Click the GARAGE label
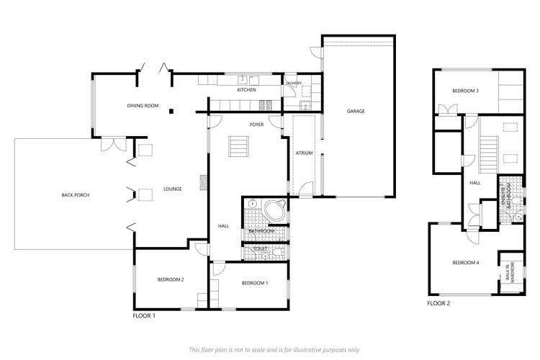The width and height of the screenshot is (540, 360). (356, 112)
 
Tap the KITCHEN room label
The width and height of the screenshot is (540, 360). (247, 90)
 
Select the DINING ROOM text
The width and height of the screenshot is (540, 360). (142, 106)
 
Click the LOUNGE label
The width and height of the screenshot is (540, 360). (172, 189)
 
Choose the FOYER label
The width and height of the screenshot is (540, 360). (256, 125)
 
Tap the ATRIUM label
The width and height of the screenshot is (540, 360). (303, 153)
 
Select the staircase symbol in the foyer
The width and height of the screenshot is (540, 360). (238, 147)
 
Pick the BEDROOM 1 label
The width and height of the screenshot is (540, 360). (255, 283)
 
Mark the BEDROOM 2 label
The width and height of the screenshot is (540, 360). (172, 279)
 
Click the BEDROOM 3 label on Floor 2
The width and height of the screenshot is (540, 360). (465, 91)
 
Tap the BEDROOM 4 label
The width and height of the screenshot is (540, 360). (465, 263)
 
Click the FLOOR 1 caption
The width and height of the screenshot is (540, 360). (144, 315)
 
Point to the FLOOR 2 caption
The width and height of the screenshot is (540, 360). (438, 304)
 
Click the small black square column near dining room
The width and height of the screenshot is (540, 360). (171, 112)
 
